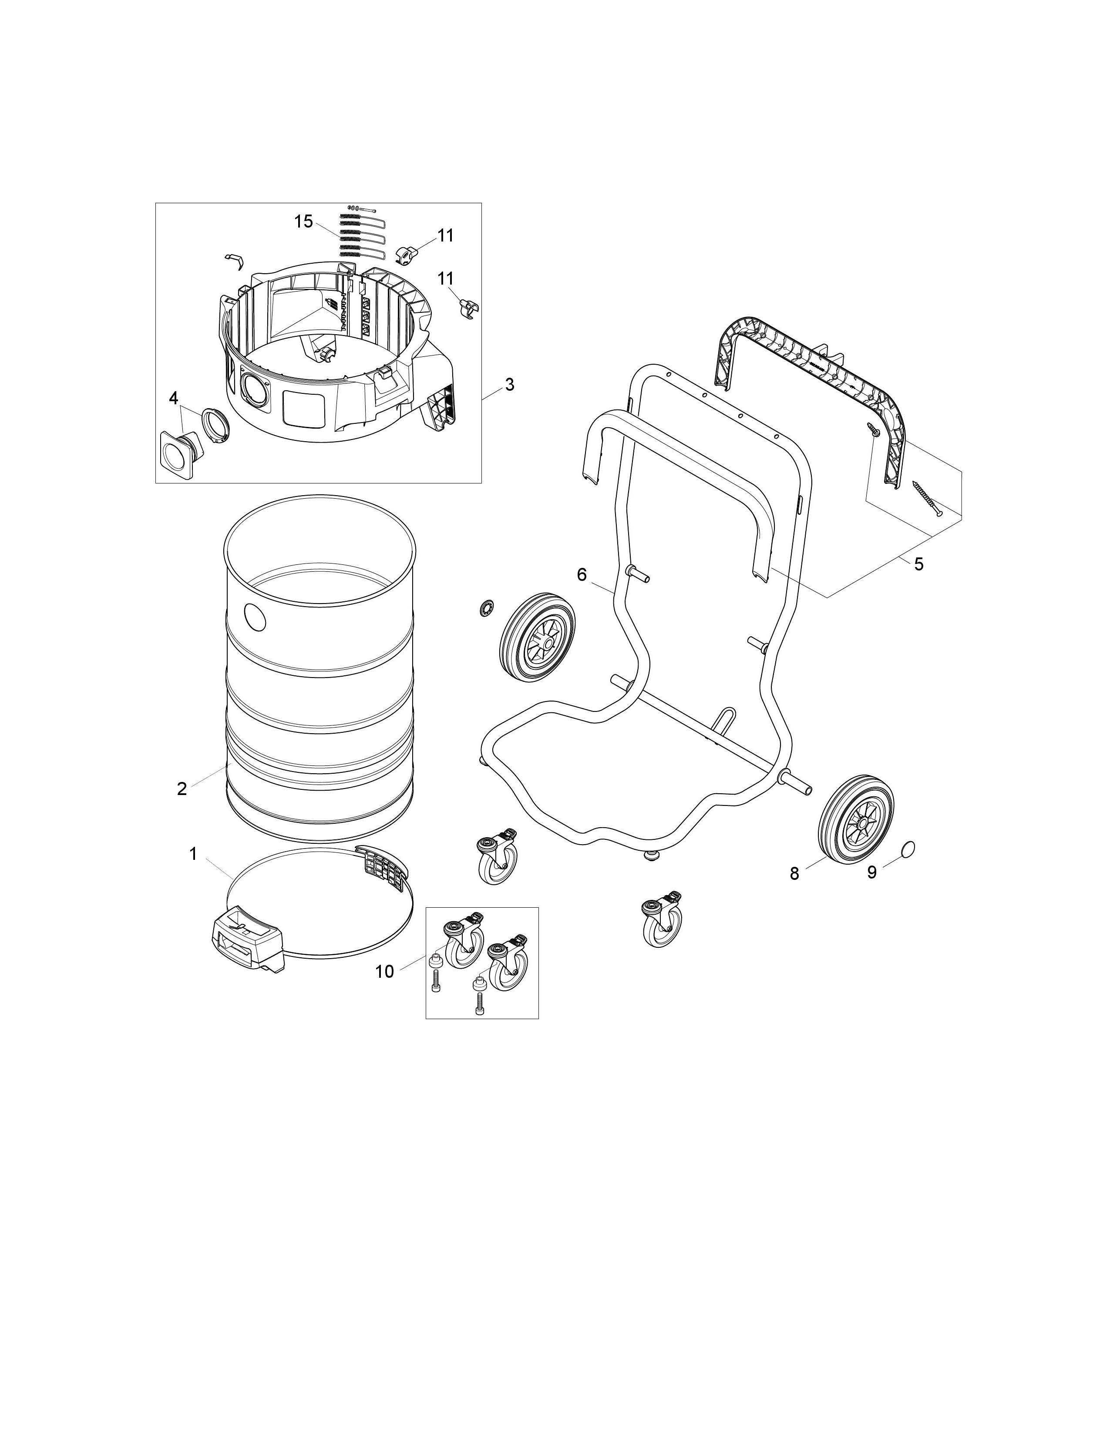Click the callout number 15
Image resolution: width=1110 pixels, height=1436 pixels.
coord(303,221)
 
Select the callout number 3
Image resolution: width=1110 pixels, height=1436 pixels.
coord(509,385)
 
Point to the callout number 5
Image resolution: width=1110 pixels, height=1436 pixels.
coord(918,564)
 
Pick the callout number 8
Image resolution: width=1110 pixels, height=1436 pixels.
coord(794,874)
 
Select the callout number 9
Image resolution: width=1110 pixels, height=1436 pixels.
coord(872,872)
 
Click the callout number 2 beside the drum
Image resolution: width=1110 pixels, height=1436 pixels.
coord(182,788)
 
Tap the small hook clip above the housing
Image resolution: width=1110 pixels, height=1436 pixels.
coord(235,260)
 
